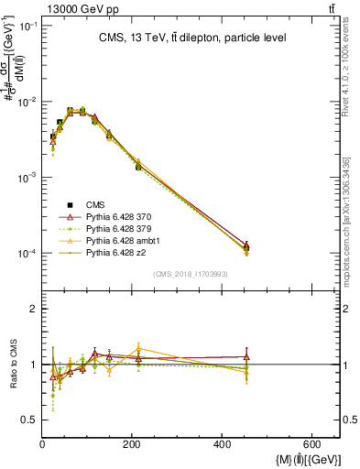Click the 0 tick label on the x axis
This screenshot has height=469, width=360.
(x=43, y=445)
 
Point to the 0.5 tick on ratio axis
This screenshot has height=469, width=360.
(x=29, y=420)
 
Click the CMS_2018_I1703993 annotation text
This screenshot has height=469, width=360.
(x=191, y=274)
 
